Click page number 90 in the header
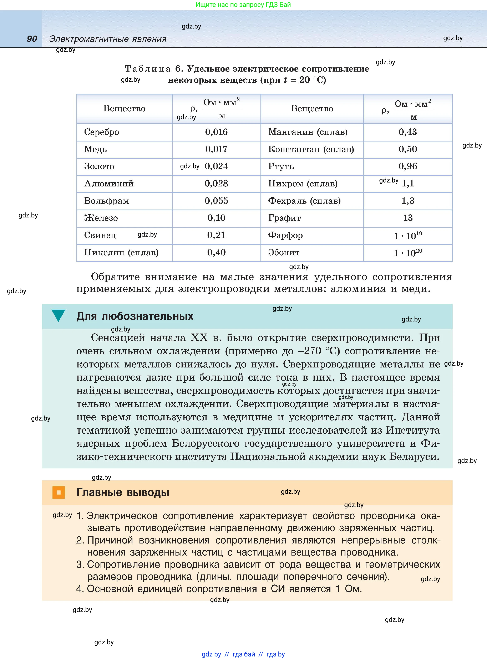point(32,39)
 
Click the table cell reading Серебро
point(101,132)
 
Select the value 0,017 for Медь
point(216,149)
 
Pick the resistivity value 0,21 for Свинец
point(216,235)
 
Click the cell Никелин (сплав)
point(121,252)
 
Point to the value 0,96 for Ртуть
point(408,166)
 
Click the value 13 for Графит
point(408,218)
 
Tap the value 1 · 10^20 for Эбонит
point(408,253)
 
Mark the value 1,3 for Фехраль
point(408,201)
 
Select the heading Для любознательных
point(135,316)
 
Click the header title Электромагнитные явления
point(108,39)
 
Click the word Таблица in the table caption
point(148,69)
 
